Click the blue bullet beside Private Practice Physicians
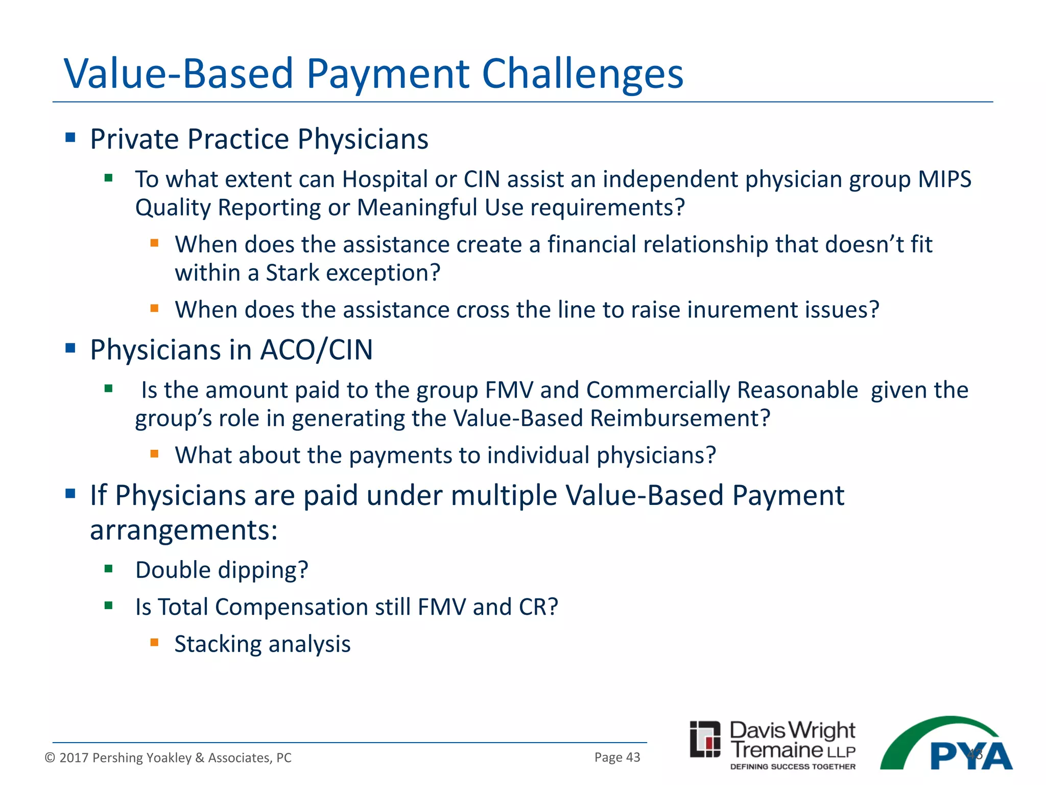[70, 137]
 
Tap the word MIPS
[944, 179]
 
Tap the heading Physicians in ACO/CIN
[231, 350]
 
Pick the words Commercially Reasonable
[722, 390]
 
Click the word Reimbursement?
[680, 418]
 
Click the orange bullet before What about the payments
[154, 453]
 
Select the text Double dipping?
[222, 570]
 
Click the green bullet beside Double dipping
[108, 569]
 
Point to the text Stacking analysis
[263, 644]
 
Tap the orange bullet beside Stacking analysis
[154, 642]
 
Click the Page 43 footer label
[617, 757]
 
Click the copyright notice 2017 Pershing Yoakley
[169, 757]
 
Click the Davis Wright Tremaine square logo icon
[705, 739]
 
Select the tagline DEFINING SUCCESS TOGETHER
[793, 767]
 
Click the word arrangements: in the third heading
[184, 530]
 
